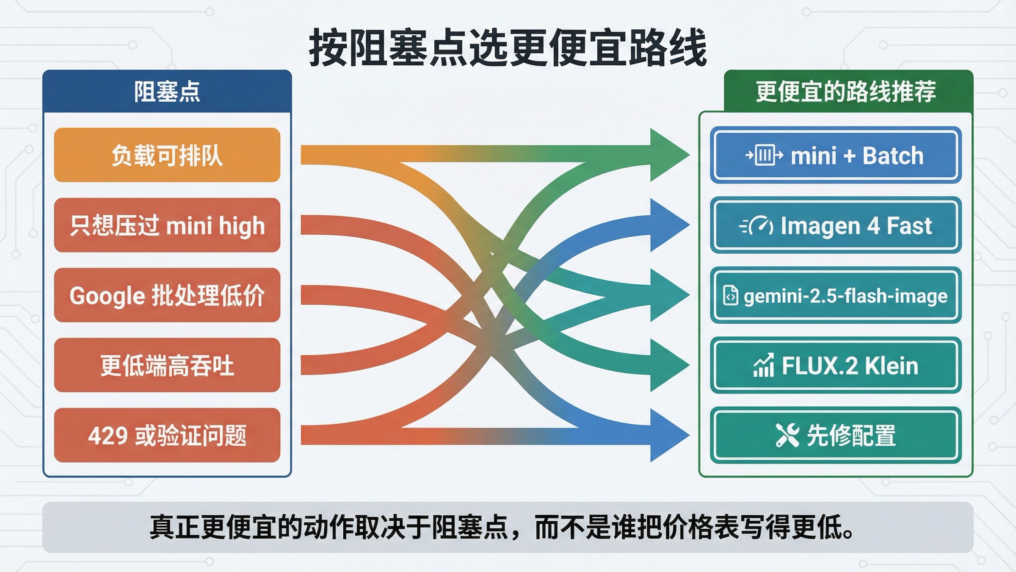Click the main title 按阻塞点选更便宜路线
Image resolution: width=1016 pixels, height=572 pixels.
tap(508, 48)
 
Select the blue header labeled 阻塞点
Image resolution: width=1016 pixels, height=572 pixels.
tap(167, 92)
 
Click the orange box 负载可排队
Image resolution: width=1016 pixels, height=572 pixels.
tap(167, 155)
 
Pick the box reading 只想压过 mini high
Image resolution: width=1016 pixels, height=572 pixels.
tap(167, 225)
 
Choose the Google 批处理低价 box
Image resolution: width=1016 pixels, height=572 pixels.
tap(167, 295)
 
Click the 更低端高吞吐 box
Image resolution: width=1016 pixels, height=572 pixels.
tap(167, 365)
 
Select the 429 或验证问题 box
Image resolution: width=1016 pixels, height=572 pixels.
tap(167, 435)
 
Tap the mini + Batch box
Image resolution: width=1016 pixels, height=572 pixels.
tap(835, 155)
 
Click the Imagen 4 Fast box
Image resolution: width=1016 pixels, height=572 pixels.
tap(835, 225)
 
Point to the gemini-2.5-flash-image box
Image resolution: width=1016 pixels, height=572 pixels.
tap(835, 295)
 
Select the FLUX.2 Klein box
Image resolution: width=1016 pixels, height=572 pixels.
tap(835, 365)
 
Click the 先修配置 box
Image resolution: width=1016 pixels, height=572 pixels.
tap(835, 435)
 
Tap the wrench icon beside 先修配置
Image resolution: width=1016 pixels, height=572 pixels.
tap(787, 435)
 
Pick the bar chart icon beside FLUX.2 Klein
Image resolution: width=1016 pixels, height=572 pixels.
tap(764, 365)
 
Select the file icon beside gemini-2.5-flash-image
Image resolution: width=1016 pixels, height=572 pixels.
tap(731, 296)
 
